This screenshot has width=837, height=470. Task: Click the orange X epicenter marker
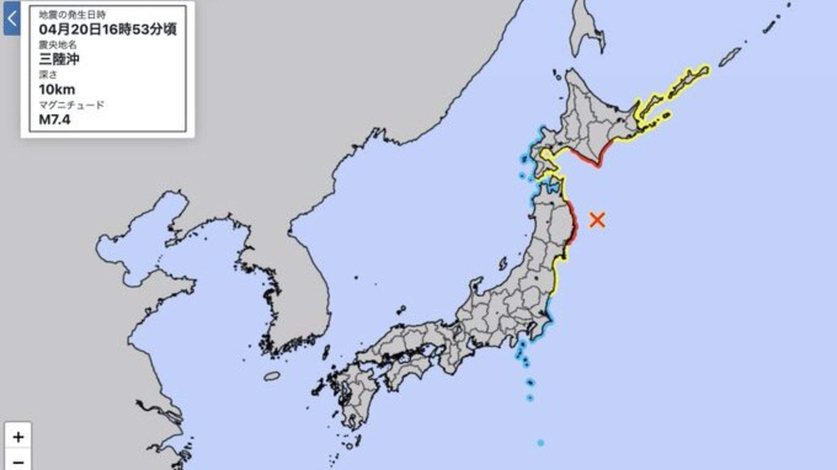(597, 220)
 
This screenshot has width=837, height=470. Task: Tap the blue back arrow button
(12, 19)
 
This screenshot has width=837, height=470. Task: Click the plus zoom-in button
(18, 437)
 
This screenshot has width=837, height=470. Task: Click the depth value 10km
(57, 90)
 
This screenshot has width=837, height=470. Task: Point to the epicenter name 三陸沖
(59, 59)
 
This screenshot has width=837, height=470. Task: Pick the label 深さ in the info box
(48, 75)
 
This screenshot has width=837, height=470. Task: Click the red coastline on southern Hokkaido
(585, 159)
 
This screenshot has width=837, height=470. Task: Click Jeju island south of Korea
(272, 376)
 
